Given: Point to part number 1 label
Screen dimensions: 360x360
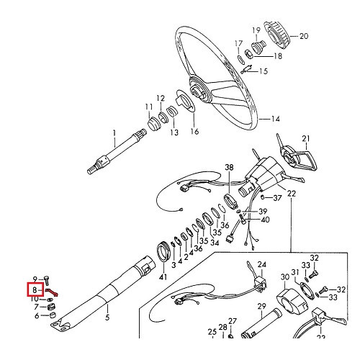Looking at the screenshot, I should pyautogui.click(x=114, y=132).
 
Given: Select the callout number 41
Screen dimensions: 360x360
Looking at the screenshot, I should pyautogui.click(x=163, y=276).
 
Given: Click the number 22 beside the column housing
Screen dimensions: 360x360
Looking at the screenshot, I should pyautogui.click(x=291, y=194).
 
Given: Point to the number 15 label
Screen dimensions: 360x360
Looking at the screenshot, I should pyautogui.click(x=263, y=71).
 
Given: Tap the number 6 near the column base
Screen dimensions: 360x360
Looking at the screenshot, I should pyautogui.click(x=35, y=315).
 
